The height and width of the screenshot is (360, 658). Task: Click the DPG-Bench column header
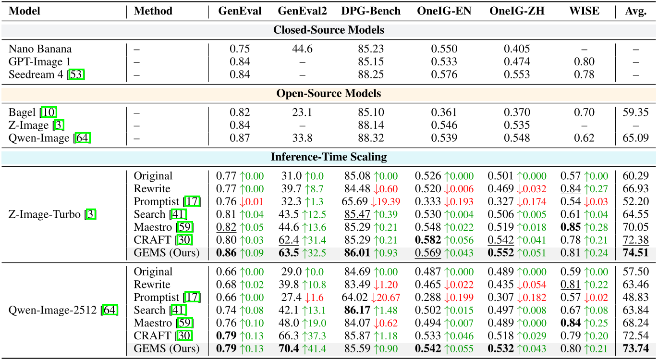click(370, 11)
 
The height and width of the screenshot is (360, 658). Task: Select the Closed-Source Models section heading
click(329, 30)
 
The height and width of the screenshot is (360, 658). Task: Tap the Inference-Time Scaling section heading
click(329, 157)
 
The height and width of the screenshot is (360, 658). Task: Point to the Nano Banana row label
click(40, 49)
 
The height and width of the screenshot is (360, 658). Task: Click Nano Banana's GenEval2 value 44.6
click(302, 49)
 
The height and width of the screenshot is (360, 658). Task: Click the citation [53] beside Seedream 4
click(77, 74)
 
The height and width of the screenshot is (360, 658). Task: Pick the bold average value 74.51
click(635, 252)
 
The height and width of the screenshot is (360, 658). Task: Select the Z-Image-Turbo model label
click(45, 214)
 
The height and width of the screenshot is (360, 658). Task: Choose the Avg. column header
click(635, 11)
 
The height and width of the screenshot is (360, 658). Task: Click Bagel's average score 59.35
click(635, 112)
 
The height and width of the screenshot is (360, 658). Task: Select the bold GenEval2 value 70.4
click(288, 348)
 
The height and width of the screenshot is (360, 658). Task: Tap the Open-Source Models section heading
click(329, 93)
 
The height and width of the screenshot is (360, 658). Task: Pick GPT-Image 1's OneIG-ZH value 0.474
click(517, 62)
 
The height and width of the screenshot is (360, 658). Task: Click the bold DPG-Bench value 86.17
click(357, 310)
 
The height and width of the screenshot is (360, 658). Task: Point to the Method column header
click(153, 11)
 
